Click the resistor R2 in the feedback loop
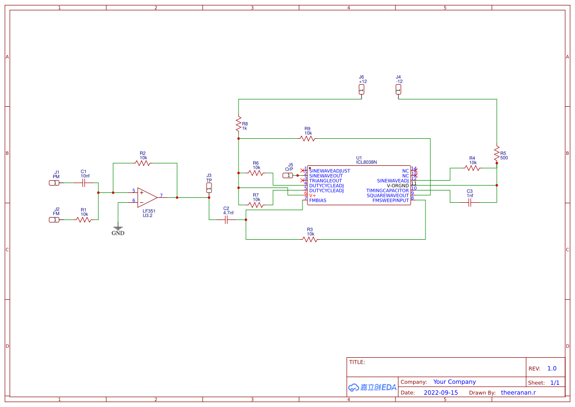[x=143, y=163]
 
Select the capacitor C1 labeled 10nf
[x=84, y=183]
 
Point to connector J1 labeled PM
[x=54, y=183]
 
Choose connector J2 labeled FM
[x=54, y=219]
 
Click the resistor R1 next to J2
[x=84, y=219]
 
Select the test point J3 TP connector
[x=209, y=188]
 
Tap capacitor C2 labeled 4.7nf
[x=226, y=219]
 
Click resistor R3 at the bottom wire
[x=310, y=239]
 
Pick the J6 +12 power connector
[x=362, y=90]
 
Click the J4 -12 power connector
[x=398, y=90]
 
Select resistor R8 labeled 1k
[x=239, y=124]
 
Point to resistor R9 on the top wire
[x=308, y=138]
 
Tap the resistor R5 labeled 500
[x=497, y=153]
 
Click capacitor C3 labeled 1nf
[x=470, y=202]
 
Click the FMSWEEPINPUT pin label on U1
[x=390, y=200]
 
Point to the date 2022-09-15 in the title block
[x=440, y=393]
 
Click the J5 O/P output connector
[x=288, y=175]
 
